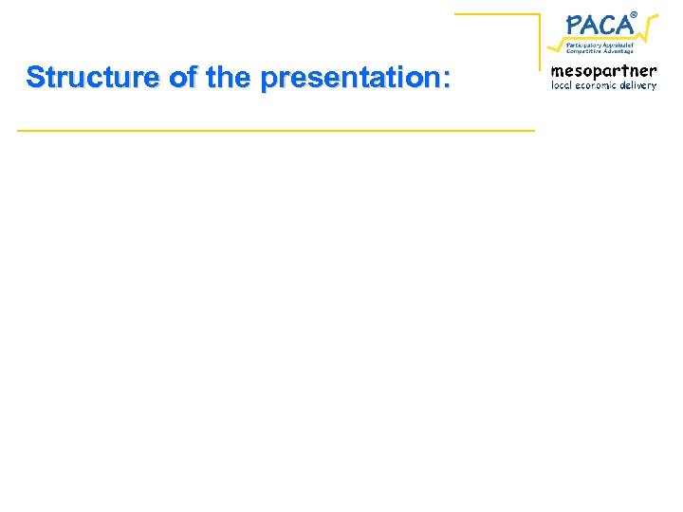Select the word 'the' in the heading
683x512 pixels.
pos(228,78)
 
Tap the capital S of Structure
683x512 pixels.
pos(36,78)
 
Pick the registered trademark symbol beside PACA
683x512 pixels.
pos(635,13)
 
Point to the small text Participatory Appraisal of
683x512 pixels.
pos(600,45)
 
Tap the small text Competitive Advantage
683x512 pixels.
pos(600,51)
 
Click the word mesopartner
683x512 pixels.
pos(603,71)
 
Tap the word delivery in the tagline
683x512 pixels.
pos(640,85)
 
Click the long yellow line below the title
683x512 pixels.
pos(275,129)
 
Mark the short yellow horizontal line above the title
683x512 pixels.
pos(496,14)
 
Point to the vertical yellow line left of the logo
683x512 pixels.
pos(539,38)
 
